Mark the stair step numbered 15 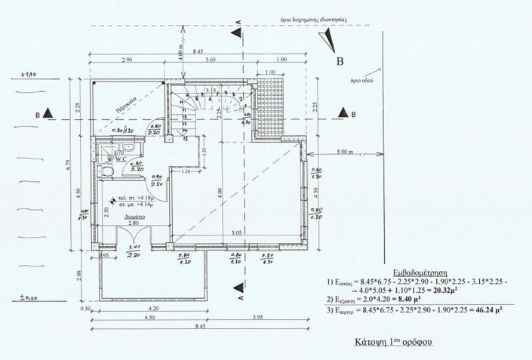[x=185, y=139]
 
